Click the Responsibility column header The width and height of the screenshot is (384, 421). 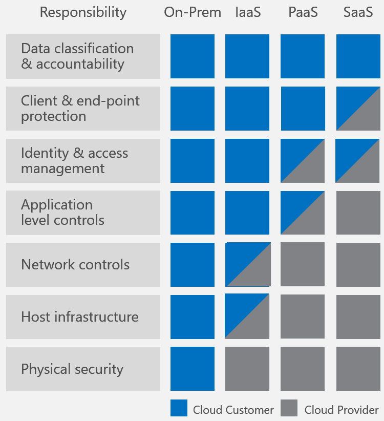click(83, 13)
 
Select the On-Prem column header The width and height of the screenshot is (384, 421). click(193, 13)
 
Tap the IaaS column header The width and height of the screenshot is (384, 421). click(248, 13)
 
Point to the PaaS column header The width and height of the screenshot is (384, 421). click(303, 13)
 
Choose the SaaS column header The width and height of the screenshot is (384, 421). click(358, 13)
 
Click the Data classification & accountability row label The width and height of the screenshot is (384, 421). click(83, 56)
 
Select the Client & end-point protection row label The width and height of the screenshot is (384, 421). click(83, 109)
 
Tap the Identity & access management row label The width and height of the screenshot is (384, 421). click(83, 160)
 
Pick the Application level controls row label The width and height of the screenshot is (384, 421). click(83, 213)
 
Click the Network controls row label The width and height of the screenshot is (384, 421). click(83, 265)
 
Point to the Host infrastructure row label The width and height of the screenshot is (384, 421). click(83, 317)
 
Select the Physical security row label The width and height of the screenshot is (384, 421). click(83, 369)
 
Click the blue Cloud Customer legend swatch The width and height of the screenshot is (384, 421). click(179, 408)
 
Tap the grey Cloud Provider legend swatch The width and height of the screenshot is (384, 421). click(289, 408)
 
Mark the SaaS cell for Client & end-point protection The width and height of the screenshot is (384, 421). click(358, 109)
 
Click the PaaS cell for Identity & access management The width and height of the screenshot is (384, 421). click(303, 160)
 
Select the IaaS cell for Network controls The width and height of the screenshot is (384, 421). click(248, 265)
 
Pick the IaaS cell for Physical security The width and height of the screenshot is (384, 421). click(247, 369)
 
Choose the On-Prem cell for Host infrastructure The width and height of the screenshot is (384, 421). click(193, 317)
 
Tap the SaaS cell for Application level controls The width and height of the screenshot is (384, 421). click(358, 213)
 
